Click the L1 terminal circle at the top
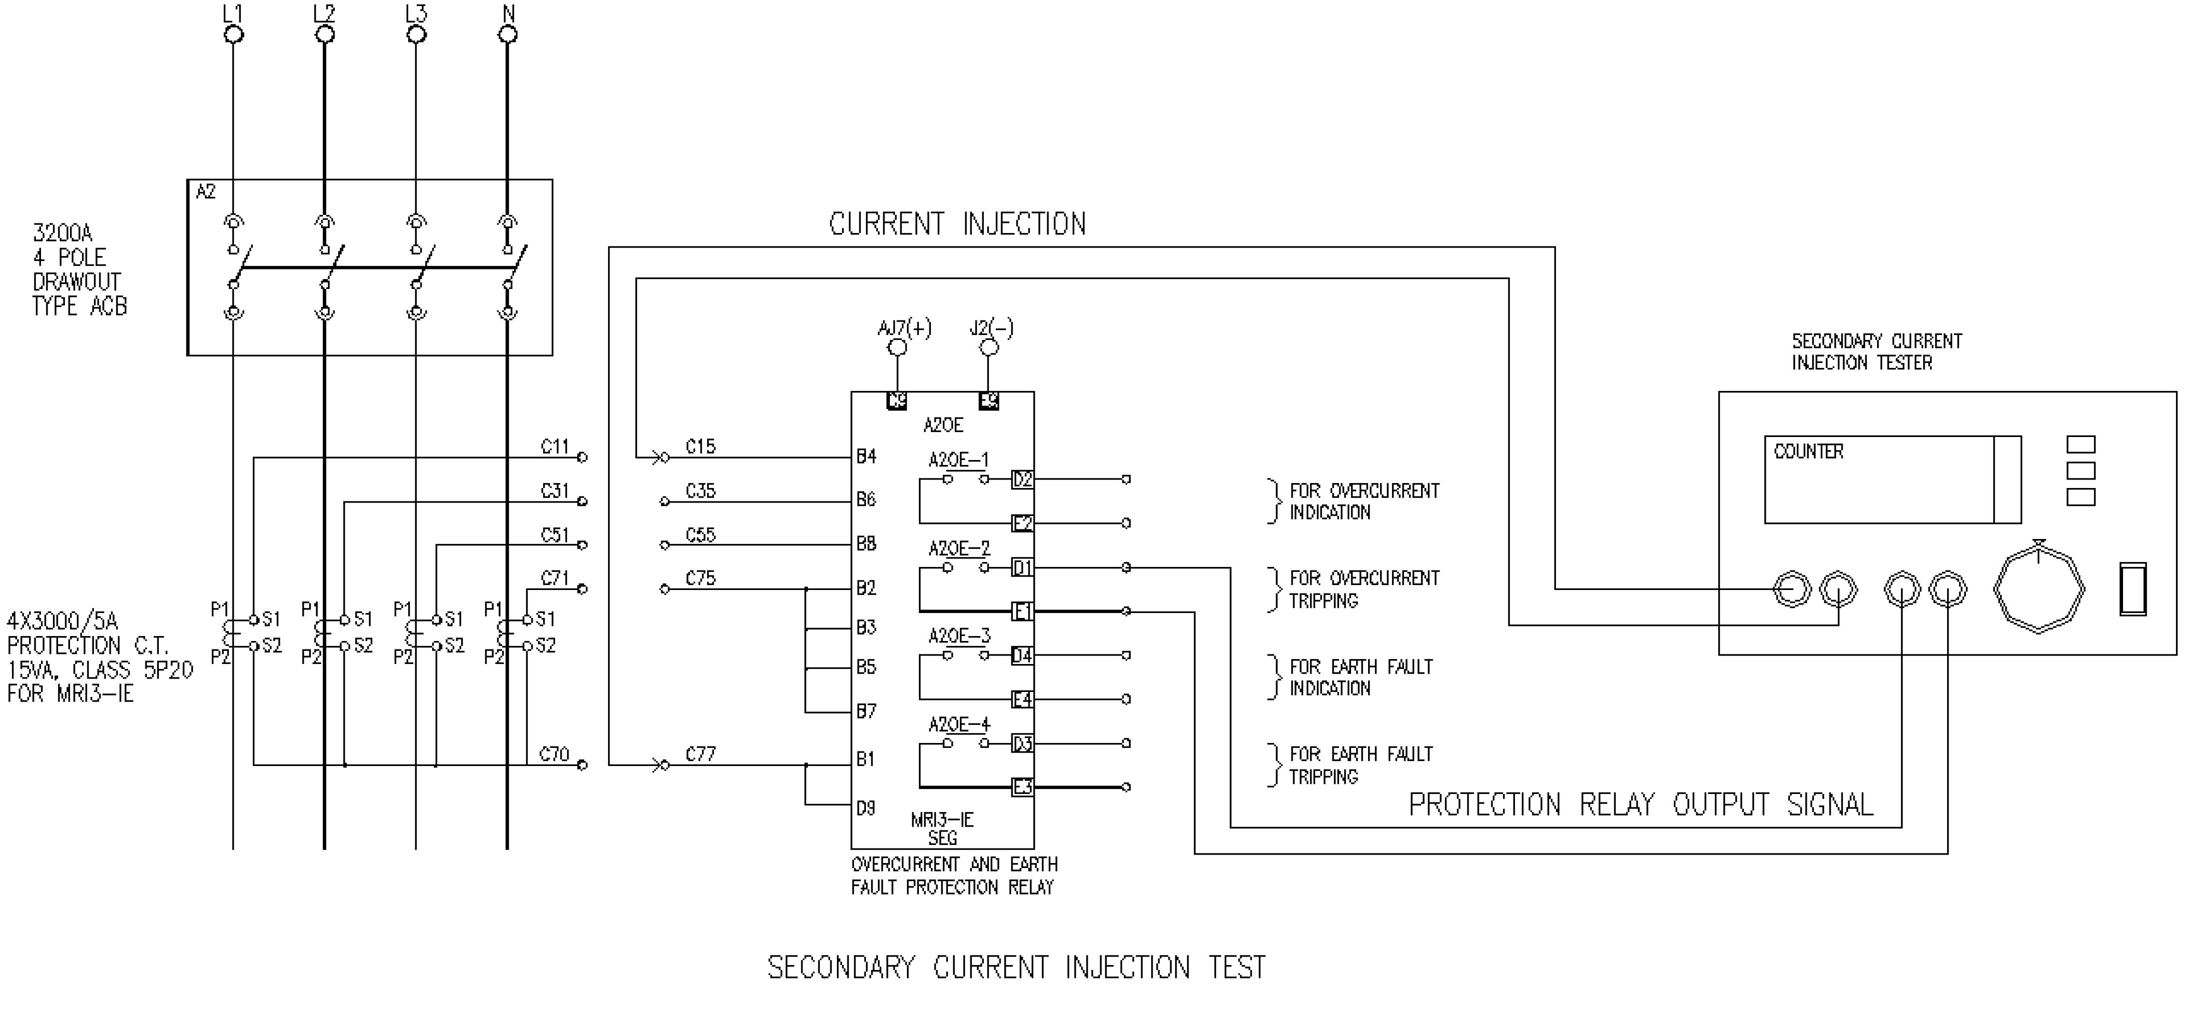tap(233, 34)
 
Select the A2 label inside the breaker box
tap(206, 192)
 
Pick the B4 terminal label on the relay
tap(867, 456)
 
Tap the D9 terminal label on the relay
tap(866, 807)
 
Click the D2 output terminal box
tap(1022, 479)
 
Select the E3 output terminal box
tap(1022, 787)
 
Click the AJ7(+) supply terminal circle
tap(897, 347)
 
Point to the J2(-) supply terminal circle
tap(988, 347)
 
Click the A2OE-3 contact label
tap(959, 636)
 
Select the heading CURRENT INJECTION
tap(957, 224)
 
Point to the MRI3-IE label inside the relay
tap(942, 819)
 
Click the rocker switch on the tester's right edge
tap(2133, 589)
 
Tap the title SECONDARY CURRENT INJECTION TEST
tap(1016, 967)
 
